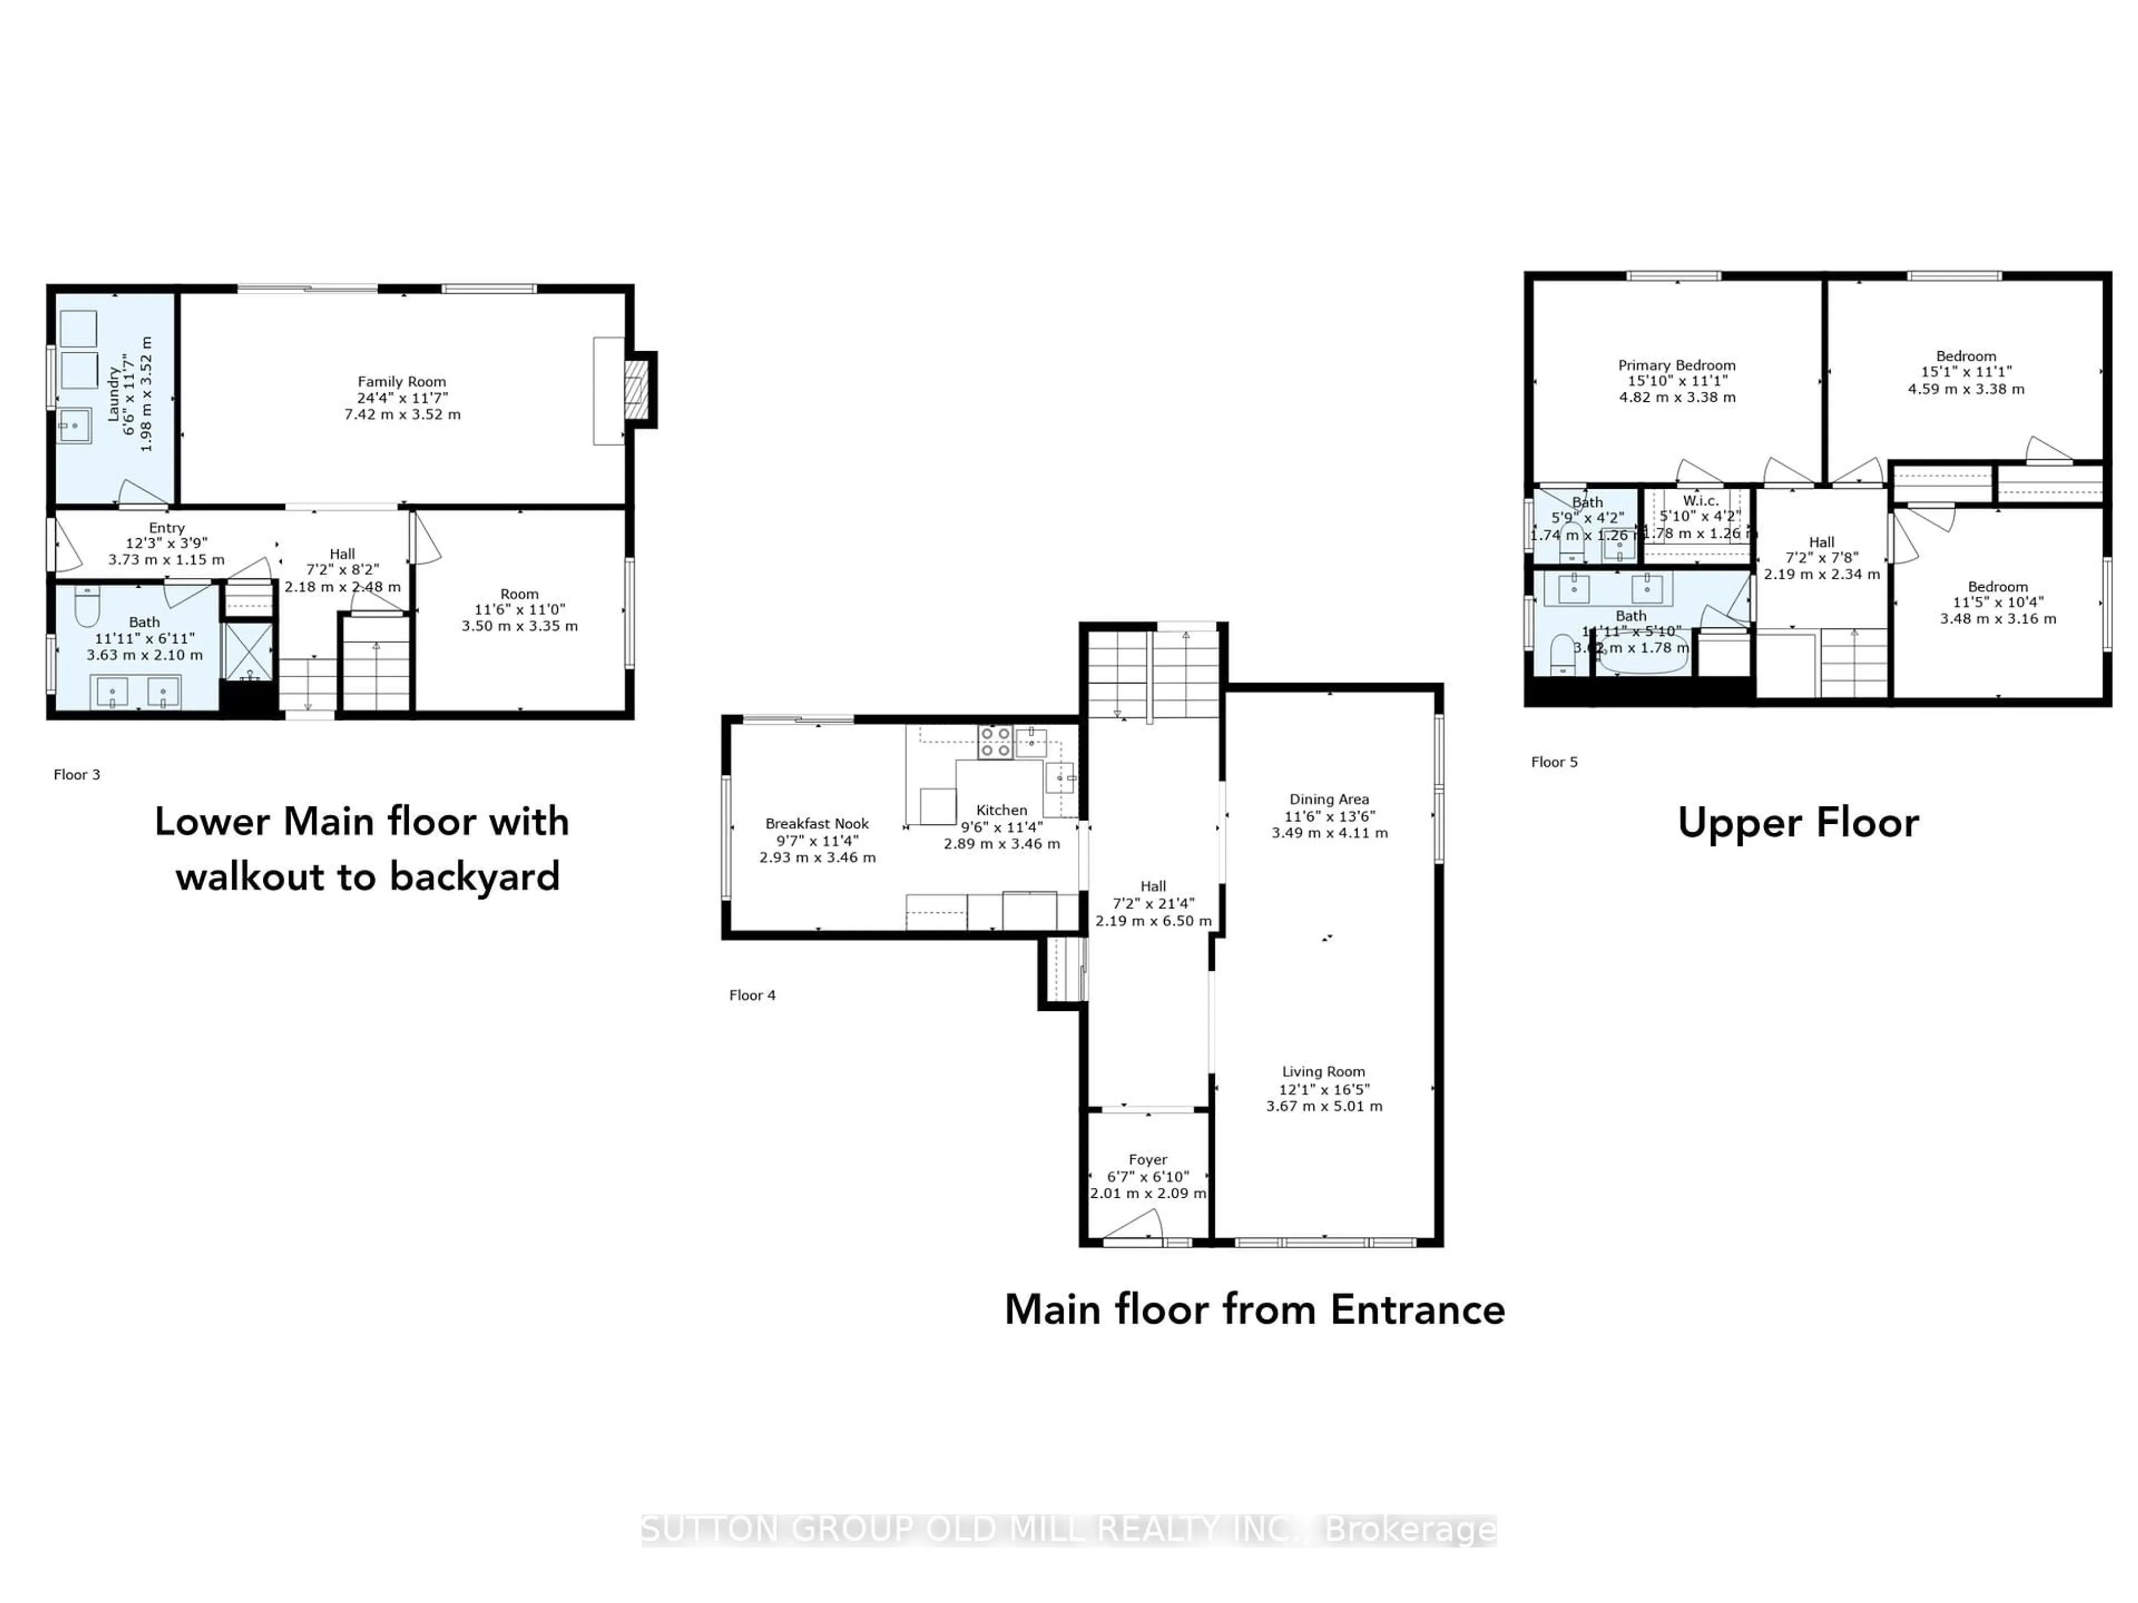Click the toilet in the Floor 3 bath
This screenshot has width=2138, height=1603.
[87, 606]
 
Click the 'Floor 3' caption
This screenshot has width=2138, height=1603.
[76, 774]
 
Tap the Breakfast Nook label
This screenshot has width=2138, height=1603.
[817, 823]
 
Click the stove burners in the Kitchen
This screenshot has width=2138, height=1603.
[994, 741]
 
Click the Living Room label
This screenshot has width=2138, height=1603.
[1323, 1071]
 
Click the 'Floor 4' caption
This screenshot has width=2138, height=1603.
[752, 995]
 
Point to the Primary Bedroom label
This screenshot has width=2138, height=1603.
[1677, 365]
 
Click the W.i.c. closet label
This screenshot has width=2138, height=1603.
[1700, 500]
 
